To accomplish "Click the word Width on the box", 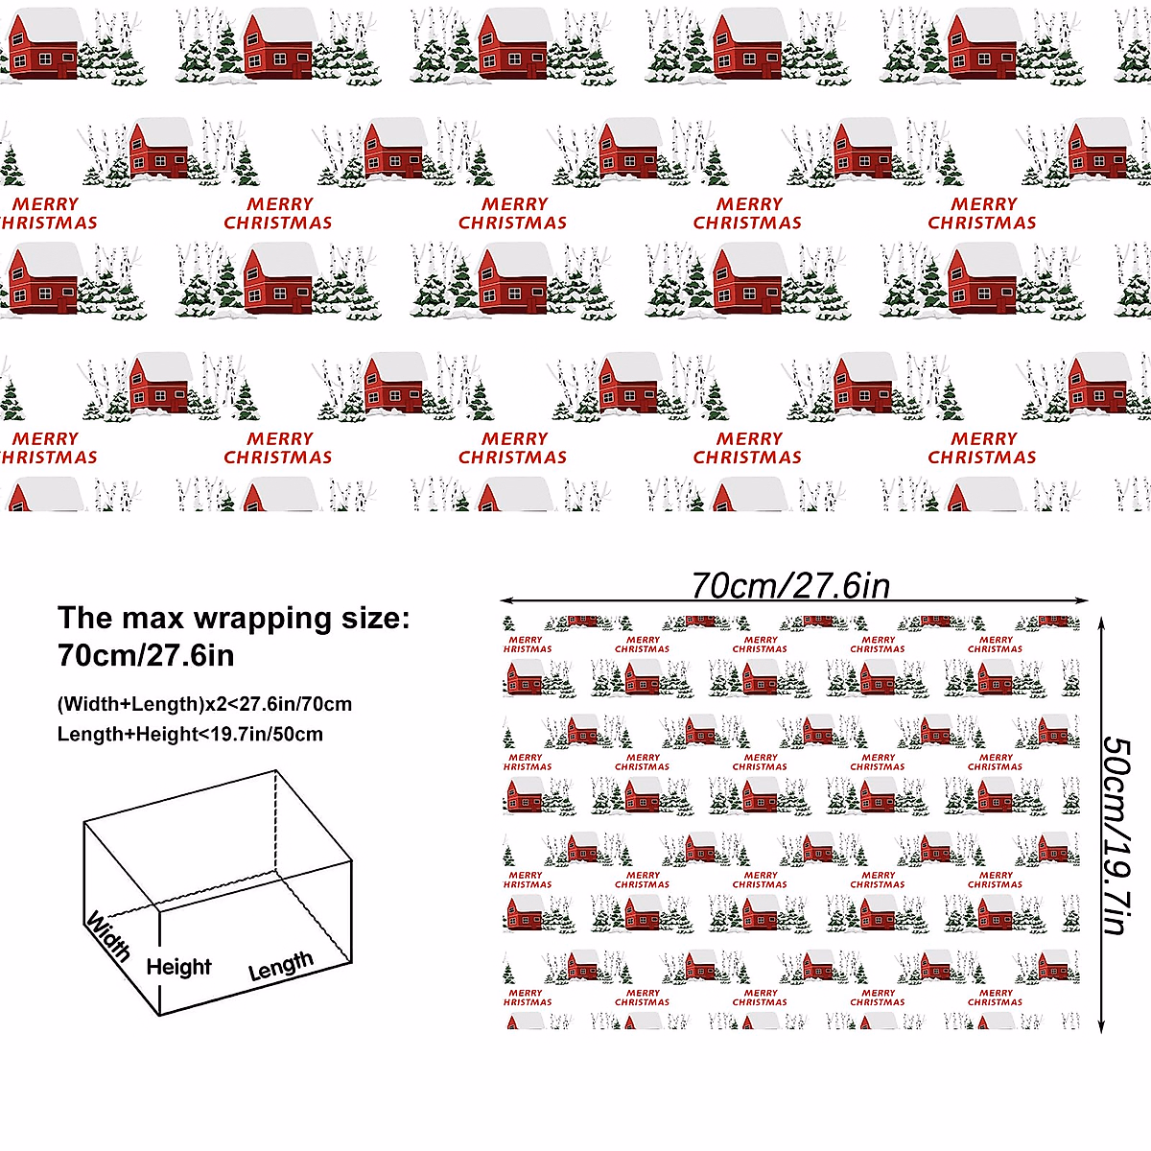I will coord(108,936).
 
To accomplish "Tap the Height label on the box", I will coord(178,967).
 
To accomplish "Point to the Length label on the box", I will coord(281,965).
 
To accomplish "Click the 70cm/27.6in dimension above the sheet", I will coord(790,585).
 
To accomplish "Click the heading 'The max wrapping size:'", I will coord(233,618).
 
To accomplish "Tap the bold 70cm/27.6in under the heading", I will coord(146,655).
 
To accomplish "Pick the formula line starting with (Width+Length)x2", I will coord(204,704).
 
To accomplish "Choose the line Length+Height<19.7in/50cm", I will coord(190,735).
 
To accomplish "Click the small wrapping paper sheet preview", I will coord(791,825).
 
